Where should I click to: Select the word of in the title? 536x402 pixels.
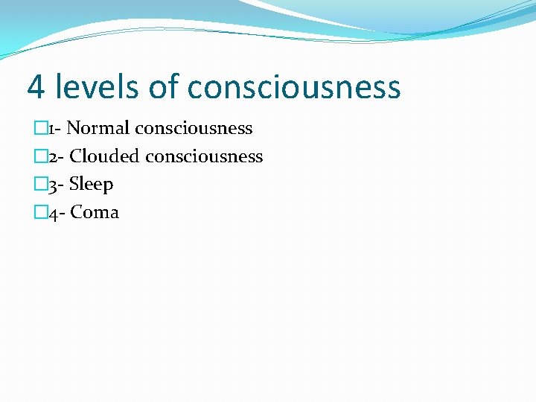pyautogui.click(x=164, y=86)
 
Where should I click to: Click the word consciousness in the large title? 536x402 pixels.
pyautogui.click(x=294, y=88)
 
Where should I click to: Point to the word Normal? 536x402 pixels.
pyautogui.click(x=98, y=128)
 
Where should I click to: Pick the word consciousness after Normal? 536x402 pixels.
pyautogui.click(x=194, y=129)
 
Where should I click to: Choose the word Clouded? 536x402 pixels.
pyautogui.click(x=105, y=156)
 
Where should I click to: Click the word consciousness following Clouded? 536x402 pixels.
pyautogui.click(x=204, y=157)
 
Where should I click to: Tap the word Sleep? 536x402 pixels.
pyautogui.click(x=91, y=185)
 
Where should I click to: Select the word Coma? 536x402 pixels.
pyautogui.click(x=95, y=212)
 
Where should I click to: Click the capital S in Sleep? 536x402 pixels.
pyautogui.click(x=74, y=184)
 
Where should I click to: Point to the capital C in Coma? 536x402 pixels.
pyautogui.click(x=77, y=212)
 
